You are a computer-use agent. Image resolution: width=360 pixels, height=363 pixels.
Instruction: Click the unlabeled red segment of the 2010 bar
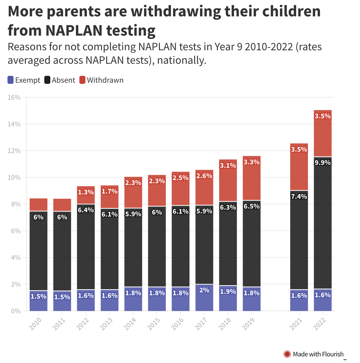coord(39,204)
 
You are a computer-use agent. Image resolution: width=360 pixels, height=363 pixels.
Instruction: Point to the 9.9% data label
coord(323,163)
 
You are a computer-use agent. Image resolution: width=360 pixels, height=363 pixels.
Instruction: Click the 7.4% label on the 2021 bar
coord(299,196)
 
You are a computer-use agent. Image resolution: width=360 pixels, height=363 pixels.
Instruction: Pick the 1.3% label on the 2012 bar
coord(86,192)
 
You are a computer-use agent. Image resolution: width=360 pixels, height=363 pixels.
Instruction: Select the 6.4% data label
coord(86,210)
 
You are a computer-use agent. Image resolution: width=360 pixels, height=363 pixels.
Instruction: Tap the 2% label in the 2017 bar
coord(204,290)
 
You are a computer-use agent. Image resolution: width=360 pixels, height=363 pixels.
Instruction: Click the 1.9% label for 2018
coord(228,291)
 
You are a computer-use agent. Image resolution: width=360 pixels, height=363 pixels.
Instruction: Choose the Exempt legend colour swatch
coord(11,80)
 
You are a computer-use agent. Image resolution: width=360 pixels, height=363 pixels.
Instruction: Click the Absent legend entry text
coord(64,80)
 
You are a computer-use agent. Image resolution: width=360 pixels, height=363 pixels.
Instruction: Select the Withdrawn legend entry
coord(105,80)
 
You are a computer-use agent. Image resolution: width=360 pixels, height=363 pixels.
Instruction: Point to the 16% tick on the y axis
coord(14,97)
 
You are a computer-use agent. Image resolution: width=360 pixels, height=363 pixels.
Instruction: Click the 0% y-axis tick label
coord(16,311)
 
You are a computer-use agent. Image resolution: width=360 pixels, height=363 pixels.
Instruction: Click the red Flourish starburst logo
coord(287,354)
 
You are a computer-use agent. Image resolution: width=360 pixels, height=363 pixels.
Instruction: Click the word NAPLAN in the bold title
coord(74,30)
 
